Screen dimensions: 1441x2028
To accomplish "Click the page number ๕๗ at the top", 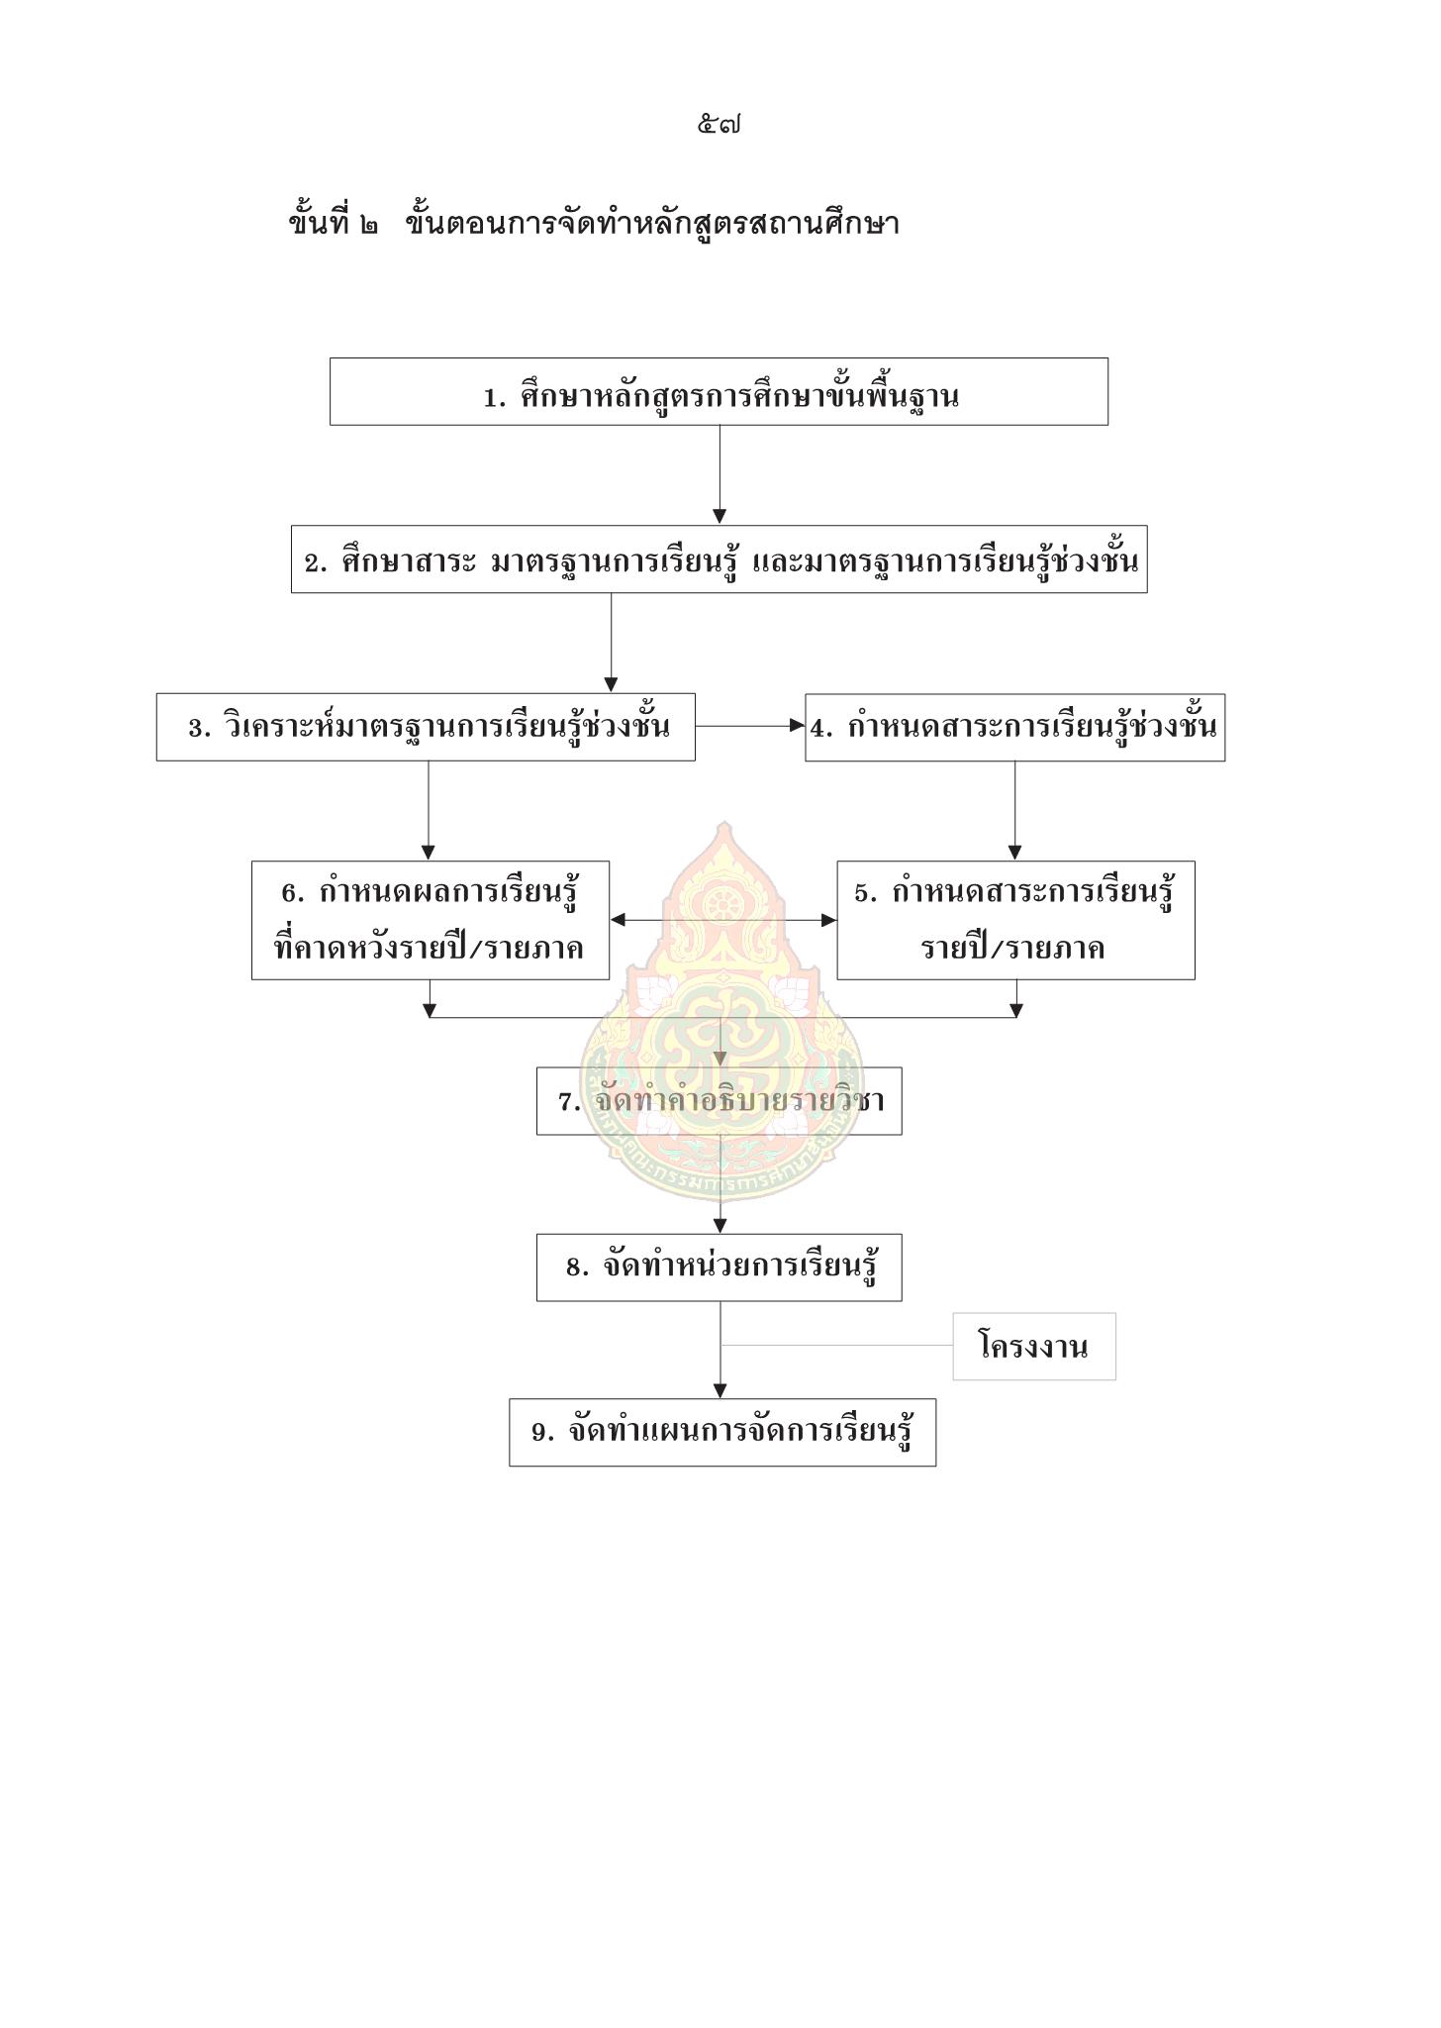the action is [720, 126].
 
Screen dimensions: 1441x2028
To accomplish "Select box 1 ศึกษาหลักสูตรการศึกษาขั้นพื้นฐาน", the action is [719, 392].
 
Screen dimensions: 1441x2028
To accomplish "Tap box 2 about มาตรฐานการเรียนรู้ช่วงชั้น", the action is [720, 559].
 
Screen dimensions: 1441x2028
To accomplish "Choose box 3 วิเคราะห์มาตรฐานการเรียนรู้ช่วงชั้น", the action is [426, 727].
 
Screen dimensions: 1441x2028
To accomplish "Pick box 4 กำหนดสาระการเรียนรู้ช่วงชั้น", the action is [1015, 727].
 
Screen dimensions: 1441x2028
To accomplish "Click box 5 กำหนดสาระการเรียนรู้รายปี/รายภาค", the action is [1016, 920].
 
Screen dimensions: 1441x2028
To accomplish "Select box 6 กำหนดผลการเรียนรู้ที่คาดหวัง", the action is [431, 920].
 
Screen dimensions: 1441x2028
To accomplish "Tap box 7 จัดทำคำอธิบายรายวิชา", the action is [720, 1101].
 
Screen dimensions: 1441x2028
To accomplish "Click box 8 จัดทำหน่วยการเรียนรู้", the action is [720, 1267].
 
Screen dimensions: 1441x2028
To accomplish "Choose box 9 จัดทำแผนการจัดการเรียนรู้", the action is [722, 1432].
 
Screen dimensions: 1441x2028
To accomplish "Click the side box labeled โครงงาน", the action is [1034, 1347].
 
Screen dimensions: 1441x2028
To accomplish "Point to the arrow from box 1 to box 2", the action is [720, 474].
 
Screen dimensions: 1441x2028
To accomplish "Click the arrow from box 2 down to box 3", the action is [611, 643].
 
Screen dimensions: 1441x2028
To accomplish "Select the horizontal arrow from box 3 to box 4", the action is [750, 726].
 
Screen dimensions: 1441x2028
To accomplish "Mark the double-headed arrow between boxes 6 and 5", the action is [723, 920].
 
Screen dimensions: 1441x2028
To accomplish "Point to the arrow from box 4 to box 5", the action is [1014, 811].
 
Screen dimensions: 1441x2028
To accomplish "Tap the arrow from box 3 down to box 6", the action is [429, 811].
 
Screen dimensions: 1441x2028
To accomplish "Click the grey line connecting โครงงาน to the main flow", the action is [836, 1346].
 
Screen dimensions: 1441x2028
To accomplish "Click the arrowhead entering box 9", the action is [720, 1390].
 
